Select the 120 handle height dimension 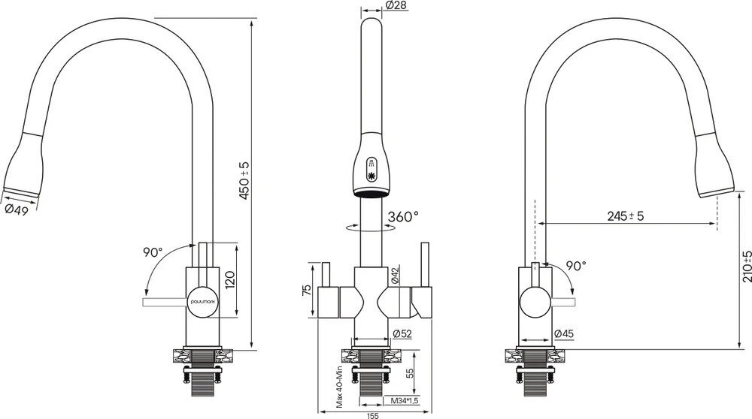coord(232,279)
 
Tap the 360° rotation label coord(402,217)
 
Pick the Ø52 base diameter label coord(401,334)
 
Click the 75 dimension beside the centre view coord(306,291)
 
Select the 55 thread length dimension coord(410,372)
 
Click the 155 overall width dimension coord(371,414)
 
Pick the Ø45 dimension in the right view coord(565,334)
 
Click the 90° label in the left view coord(151,253)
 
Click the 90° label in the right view coord(575,266)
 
